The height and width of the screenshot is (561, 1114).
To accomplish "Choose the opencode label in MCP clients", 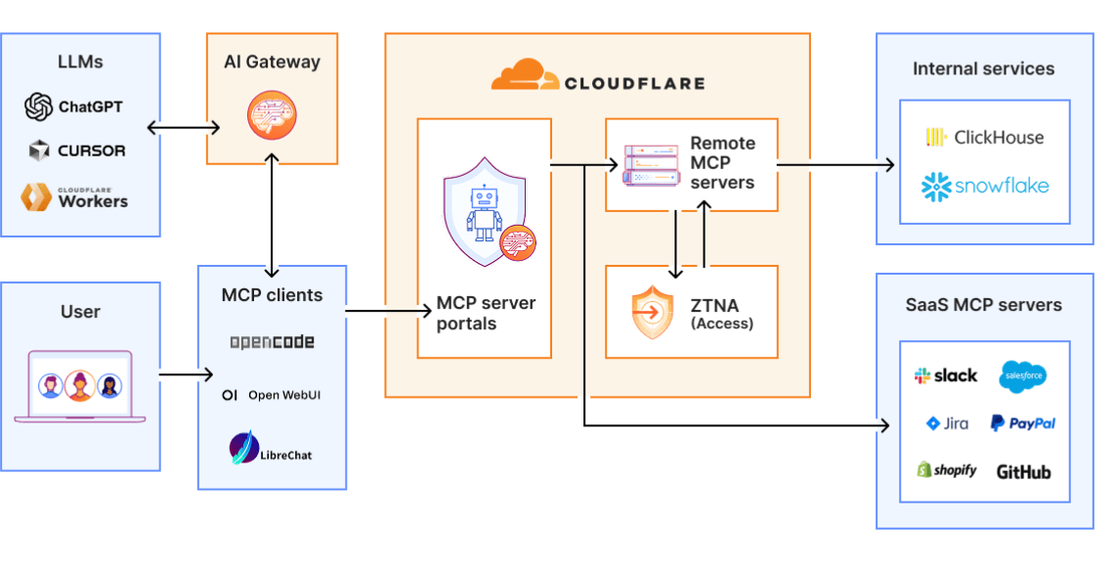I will (x=272, y=342).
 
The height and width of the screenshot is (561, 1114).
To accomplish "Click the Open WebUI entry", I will (x=272, y=395).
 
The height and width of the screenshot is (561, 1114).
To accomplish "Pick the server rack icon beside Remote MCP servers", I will (x=651, y=164).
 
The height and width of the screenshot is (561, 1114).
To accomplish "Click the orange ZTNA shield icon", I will (x=652, y=313).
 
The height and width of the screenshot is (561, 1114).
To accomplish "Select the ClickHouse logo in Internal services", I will (x=984, y=138).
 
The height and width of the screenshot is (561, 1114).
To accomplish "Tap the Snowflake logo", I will (x=984, y=186).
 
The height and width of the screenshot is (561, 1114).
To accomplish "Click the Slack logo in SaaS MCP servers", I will (x=945, y=375).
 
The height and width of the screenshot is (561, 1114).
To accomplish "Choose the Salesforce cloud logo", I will (x=1023, y=374).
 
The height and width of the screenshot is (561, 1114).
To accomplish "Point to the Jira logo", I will (x=947, y=423).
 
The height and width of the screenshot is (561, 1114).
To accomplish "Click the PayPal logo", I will (x=1022, y=423).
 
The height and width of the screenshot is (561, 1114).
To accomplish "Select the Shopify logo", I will (x=946, y=470).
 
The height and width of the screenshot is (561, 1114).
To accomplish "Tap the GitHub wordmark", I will (x=1023, y=472).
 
